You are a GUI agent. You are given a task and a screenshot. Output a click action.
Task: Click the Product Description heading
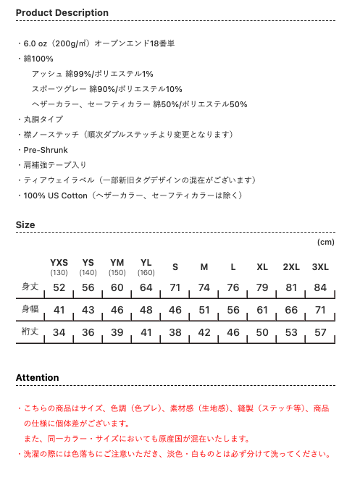click(x=62, y=13)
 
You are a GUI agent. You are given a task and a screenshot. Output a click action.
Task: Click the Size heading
click(x=25, y=225)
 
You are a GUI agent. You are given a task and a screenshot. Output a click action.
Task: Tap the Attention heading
click(x=38, y=378)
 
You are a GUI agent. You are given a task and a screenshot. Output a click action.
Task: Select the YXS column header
click(x=59, y=262)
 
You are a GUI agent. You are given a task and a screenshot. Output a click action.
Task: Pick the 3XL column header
click(x=320, y=267)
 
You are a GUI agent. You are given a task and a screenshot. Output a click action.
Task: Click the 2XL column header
click(x=291, y=267)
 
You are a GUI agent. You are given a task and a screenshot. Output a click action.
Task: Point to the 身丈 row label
click(x=30, y=287)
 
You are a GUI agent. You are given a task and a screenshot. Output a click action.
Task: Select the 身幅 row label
click(x=30, y=309)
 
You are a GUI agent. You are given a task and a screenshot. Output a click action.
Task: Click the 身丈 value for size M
click(x=204, y=288)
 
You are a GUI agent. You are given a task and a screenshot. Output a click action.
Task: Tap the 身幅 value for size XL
click(x=262, y=310)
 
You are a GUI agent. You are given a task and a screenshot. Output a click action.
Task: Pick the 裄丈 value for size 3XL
click(x=320, y=332)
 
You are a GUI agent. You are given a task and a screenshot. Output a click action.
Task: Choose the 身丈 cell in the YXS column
click(x=59, y=288)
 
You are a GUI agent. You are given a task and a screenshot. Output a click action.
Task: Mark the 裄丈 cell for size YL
click(x=146, y=332)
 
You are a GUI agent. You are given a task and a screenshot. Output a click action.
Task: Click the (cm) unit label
click(x=326, y=242)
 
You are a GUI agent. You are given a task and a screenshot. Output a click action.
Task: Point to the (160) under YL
click(x=146, y=273)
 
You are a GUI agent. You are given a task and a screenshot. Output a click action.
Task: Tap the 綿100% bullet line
click(x=38, y=59)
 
